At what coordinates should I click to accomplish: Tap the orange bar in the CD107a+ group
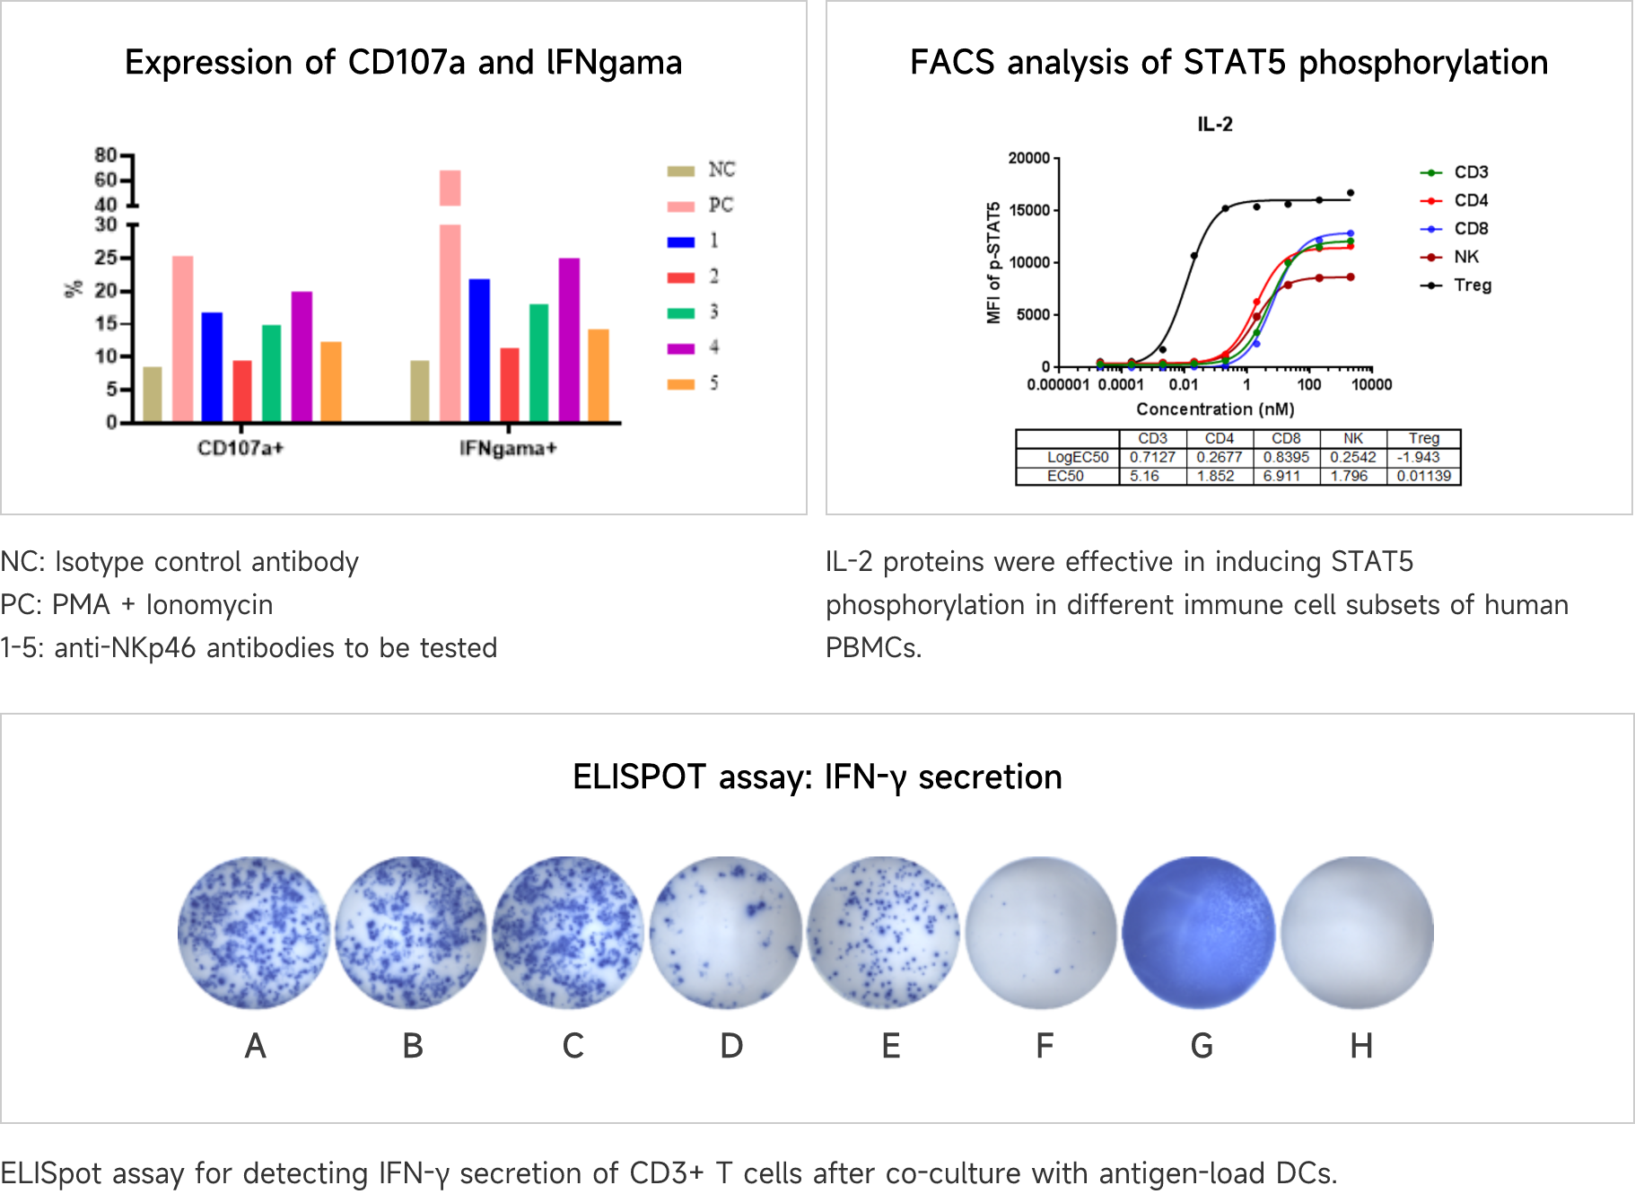click(331, 382)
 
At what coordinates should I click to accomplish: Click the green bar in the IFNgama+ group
click(538, 363)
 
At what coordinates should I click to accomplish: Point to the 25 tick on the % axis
click(107, 258)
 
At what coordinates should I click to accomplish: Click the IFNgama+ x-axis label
click(508, 448)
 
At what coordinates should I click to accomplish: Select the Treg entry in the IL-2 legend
click(1472, 285)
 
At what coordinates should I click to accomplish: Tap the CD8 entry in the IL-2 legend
click(1471, 229)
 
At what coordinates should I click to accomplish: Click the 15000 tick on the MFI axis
click(1028, 210)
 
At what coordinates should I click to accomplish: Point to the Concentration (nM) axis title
click(1215, 409)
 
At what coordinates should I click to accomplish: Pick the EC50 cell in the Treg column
click(1423, 476)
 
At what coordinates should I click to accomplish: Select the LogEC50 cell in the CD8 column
click(1286, 457)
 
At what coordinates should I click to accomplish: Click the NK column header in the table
click(1352, 438)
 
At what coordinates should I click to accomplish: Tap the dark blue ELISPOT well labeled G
click(1199, 932)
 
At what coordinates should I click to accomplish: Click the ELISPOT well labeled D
click(725, 932)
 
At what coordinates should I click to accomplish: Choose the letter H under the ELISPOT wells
click(1361, 1046)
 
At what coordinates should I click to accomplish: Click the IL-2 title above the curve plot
click(1215, 125)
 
